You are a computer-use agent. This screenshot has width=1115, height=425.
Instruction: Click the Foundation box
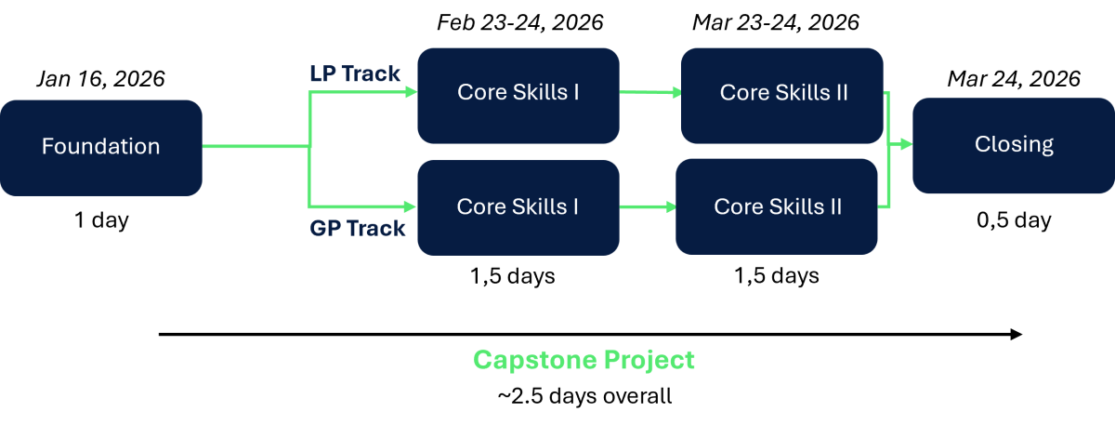click(x=100, y=148)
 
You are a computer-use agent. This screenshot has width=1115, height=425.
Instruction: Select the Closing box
click(x=1013, y=145)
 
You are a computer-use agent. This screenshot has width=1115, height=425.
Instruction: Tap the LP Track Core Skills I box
click(x=518, y=96)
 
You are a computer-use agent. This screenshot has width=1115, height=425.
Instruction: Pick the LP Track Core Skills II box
click(x=781, y=96)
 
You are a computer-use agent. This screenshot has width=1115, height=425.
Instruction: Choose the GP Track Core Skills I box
click(x=518, y=207)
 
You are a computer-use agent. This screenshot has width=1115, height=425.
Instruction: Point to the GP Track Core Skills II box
click(x=777, y=206)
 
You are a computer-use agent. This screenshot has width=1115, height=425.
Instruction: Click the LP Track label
click(x=355, y=73)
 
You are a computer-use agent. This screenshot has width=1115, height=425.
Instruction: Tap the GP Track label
click(x=358, y=228)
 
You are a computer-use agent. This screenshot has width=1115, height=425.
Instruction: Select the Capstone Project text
click(x=584, y=360)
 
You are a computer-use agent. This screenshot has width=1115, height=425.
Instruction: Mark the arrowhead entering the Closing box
click(x=906, y=144)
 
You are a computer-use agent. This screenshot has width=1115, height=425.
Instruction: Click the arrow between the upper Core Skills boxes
click(x=649, y=92)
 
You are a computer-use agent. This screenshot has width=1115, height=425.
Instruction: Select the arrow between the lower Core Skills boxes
click(x=647, y=206)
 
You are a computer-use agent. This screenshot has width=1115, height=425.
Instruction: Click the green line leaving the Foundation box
click(x=256, y=146)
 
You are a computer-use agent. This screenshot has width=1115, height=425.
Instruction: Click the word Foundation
click(x=100, y=147)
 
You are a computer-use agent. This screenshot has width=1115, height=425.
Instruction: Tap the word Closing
click(x=1014, y=144)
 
